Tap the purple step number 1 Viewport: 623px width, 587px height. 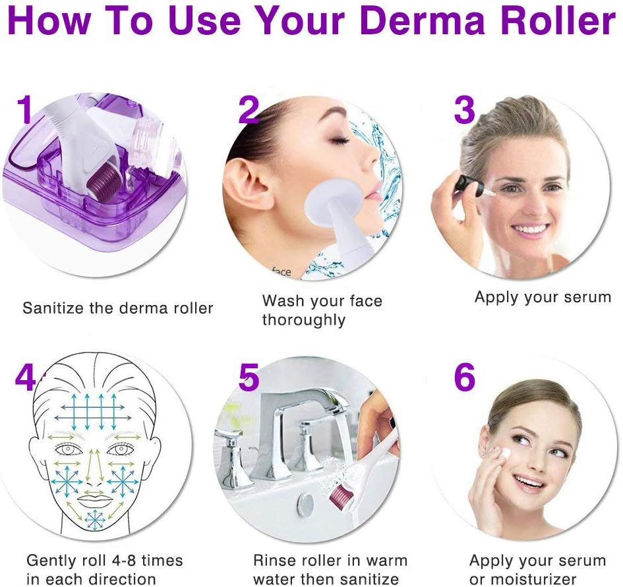click(x=25, y=109)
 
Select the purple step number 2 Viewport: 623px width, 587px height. click(x=248, y=109)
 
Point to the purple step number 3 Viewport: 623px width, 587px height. click(x=464, y=109)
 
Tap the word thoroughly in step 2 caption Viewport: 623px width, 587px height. click(x=303, y=320)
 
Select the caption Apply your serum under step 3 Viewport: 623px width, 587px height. click(x=543, y=297)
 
